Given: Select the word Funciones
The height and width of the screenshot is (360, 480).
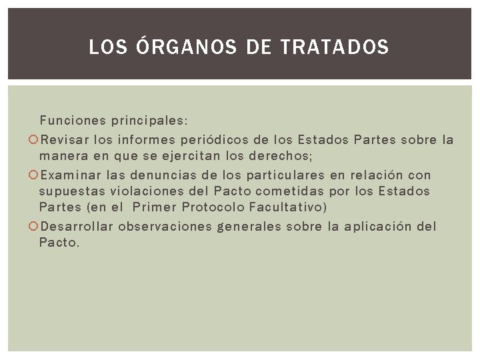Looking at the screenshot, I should (73, 121).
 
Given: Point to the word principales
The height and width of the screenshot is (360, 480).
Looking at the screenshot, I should (148, 121).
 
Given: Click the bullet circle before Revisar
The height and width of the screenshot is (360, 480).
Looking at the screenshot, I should (33, 140).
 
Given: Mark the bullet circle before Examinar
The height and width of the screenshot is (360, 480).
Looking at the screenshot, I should (33, 175).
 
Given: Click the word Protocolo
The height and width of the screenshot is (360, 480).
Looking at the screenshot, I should (215, 207).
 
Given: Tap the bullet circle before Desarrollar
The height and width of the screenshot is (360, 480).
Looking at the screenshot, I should (33, 227).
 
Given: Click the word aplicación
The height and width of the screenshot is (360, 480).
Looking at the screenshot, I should (378, 227).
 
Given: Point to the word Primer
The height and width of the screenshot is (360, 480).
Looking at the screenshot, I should (155, 207).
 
